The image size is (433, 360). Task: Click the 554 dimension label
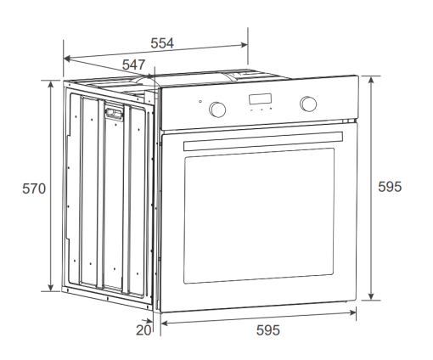[162, 43]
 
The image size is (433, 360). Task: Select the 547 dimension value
[133, 65]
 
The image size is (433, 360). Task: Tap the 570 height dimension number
[34, 188]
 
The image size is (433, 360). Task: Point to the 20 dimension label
[143, 330]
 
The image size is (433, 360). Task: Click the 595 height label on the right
[390, 187]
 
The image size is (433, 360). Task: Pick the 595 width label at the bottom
[268, 330]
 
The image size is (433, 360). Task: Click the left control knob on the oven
[217, 110]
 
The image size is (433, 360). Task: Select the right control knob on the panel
[308, 104]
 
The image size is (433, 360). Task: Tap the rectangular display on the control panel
[260, 99]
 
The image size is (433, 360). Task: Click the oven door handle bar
[263, 141]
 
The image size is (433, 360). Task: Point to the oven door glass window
[259, 216]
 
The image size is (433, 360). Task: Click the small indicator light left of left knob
[200, 102]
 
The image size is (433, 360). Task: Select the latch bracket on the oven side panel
[114, 113]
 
